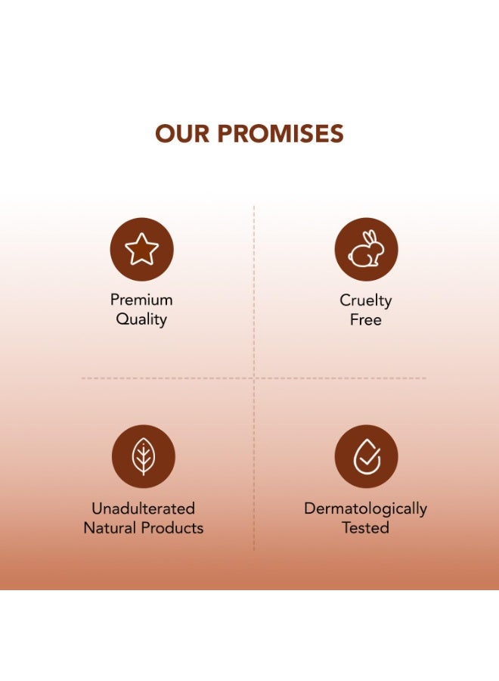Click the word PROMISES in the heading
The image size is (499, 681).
pyautogui.click(x=280, y=134)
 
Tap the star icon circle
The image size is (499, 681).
pyautogui.click(x=142, y=250)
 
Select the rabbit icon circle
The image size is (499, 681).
pyautogui.click(x=366, y=250)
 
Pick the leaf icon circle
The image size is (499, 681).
pyautogui.click(x=143, y=456)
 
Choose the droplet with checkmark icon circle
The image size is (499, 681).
pyautogui.click(x=366, y=456)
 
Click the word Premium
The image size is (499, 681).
pyautogui.click(x=141, y=300)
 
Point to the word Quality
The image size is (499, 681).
pyautogui.click(x=141, y=319)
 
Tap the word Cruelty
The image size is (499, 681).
pyautogui.click(x=366, y=300)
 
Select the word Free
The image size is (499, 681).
pyautogui.click(x=366, y=320)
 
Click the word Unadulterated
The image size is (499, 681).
pyautogui.click(x=143, y=508)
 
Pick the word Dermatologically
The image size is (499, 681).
pyautogui.click(x=365, y=508)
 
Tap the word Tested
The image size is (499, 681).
pyautogui.click(x=365, y=528)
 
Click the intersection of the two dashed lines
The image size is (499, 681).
pyautogui.click(x=254, y=378)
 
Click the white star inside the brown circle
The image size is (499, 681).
pyautogui.click(x=142, y=250)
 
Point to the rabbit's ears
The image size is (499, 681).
pyautogui.click(x=370, y=238)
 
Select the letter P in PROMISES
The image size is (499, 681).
pyautogui.click(x=226, y=134)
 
